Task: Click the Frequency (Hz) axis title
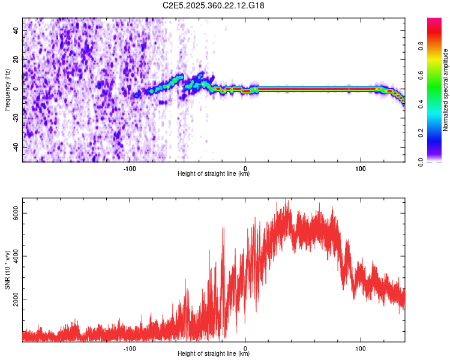[x=7, y=89]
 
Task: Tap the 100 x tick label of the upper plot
[x=361, y=169]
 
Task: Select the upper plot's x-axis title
[x=214, y=175]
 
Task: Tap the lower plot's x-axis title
[x=214, y=354]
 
